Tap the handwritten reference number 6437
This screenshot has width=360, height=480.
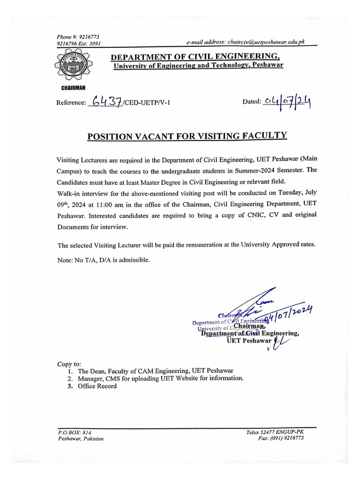[x=107, y=101]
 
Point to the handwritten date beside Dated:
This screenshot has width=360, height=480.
[x=287, y=101]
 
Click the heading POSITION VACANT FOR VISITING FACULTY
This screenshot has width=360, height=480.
[x=187, y=136]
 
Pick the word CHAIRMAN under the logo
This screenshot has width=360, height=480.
[x=73, y=88]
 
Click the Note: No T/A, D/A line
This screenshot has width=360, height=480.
[x=104, y=261]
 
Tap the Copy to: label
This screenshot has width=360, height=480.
[x=69, y=364]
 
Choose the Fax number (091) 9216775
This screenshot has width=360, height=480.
[x=281, y=438]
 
